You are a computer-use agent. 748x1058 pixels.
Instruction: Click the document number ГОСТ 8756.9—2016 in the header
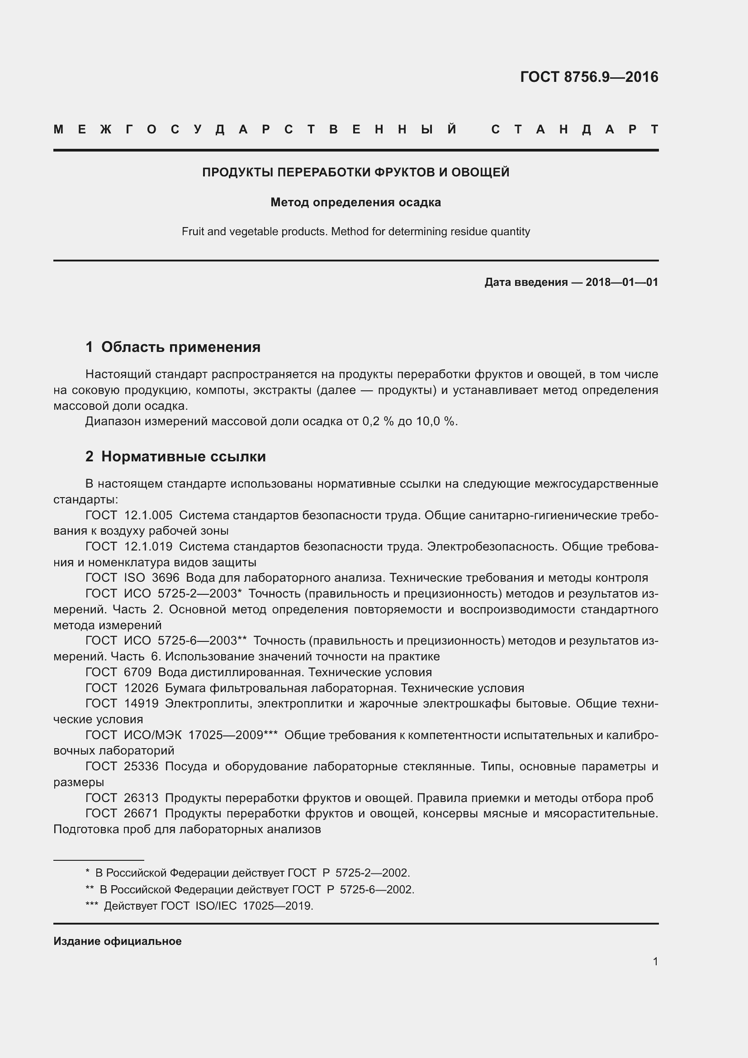click(589, 77)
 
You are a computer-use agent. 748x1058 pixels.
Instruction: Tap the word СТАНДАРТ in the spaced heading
click(574, 129)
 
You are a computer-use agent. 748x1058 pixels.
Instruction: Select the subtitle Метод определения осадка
click(355, 202)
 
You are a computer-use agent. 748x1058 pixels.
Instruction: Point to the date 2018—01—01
click(622, 282)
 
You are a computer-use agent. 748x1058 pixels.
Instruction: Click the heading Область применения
click(180, 347)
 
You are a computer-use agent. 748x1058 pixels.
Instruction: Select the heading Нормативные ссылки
click(183, 457)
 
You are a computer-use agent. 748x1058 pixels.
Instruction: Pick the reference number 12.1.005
click(148, 515)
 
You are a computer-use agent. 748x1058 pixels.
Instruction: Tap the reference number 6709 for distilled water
click(138, 672)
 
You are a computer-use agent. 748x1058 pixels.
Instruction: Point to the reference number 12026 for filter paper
click(142, 688)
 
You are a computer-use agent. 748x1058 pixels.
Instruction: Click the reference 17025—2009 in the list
click(232, 735)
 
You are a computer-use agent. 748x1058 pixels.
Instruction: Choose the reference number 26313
click(141, 797)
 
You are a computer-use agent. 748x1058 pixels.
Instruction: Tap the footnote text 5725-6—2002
click(376, 889)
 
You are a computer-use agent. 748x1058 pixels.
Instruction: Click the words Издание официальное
click(118, 941)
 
